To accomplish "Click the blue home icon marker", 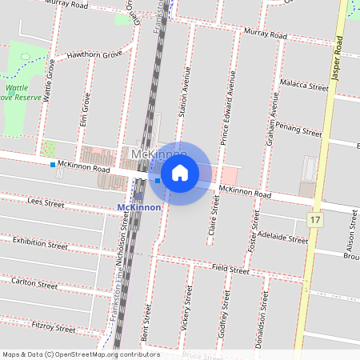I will (x=180, y=173).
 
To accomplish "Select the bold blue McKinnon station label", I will (x=139, y=207).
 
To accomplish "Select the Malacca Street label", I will (x=305, y=85).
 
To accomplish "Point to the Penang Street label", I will (x=298, y=128).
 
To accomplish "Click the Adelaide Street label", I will (x=284, y=237).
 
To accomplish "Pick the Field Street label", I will (x=230, y=270).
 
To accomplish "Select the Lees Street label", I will (x=46, y=204).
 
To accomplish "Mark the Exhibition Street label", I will (x=40, y=243).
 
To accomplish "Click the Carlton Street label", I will (x=34, y=283).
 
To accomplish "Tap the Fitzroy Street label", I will (x=53, y=327).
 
